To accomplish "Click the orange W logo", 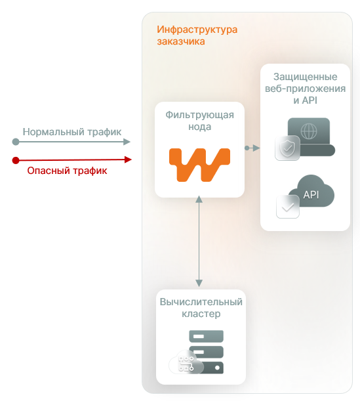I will pos(199,165).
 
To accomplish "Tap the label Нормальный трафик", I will pos(72,132).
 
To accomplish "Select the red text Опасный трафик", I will pos(67,171).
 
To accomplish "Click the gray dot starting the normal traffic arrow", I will pos(16,142).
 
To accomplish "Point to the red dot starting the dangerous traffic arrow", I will pos(16,160).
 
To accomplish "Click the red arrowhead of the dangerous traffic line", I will pos(128,160).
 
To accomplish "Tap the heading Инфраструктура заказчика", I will pos(197,35).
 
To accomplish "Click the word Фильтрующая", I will pos(199,114).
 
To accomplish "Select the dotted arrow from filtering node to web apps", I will pos(251,148).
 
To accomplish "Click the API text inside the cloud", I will pos(311,194).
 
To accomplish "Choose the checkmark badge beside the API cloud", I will pos(287,207).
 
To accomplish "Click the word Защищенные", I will pos(310,76).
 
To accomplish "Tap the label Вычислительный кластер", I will pos(201,308).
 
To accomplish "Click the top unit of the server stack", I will pos(206,336).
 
